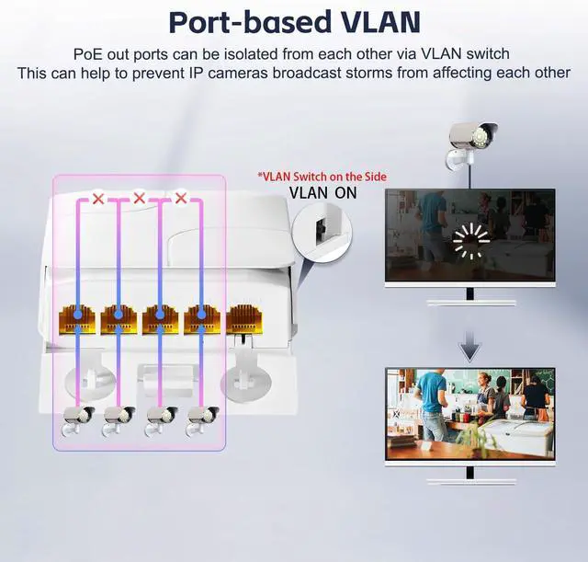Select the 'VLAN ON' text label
pyautogui.click(x=322, y=193)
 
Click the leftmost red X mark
pyautogui.click(x=97, y=198)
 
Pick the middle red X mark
pyautogui.click(x=139, y=198)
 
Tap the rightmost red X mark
pyautogui.click(x=180, y=198)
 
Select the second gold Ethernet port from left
pyautogui.click(x=119, y=318)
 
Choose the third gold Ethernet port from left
pyautogui.click(x=160, y=318)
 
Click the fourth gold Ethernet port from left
pyautogui.click(x=200, y=318)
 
